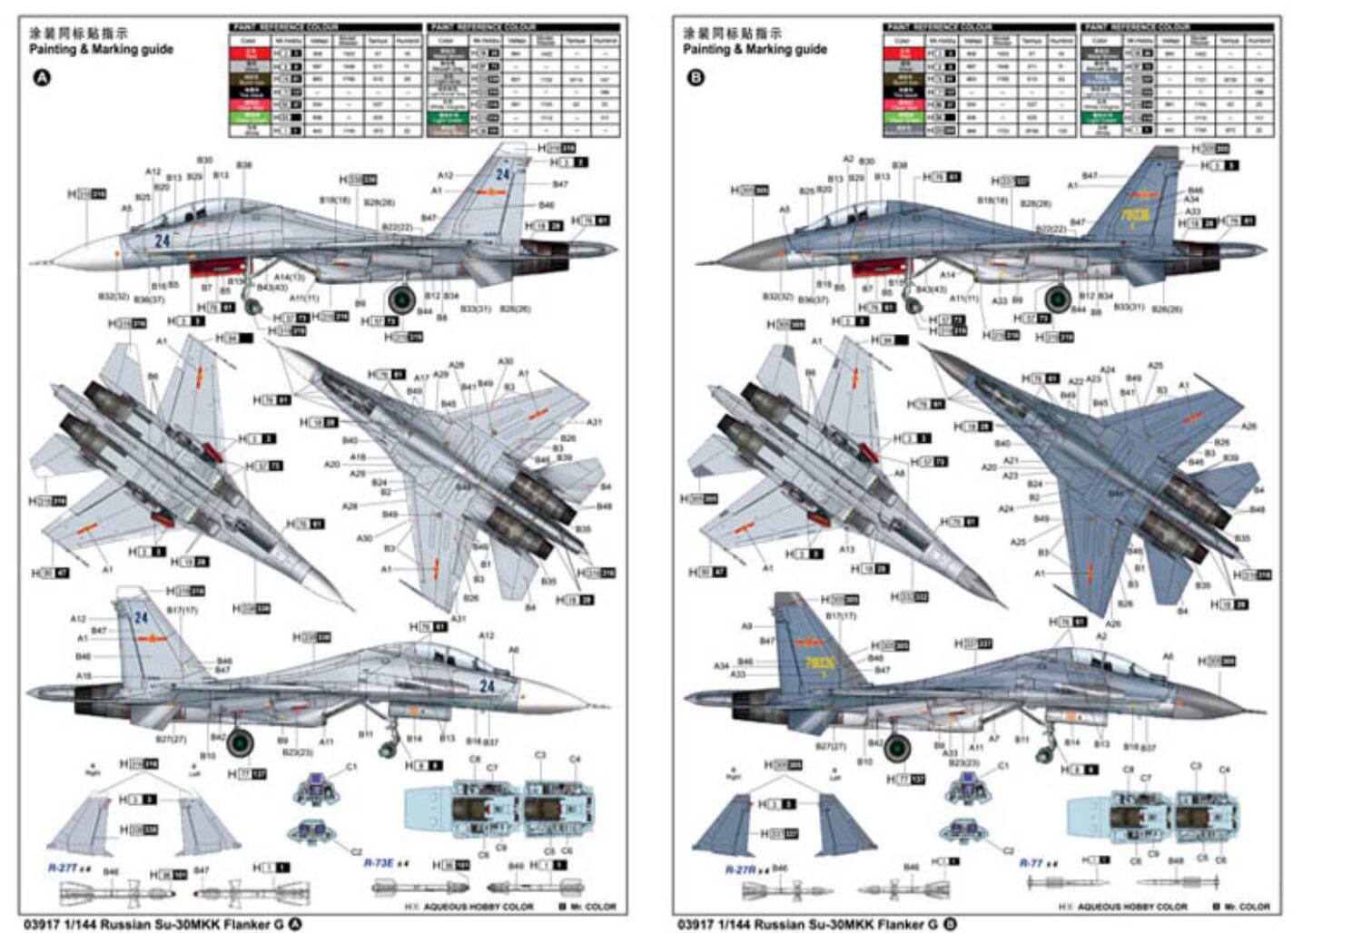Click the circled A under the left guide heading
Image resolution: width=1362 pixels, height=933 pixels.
42,78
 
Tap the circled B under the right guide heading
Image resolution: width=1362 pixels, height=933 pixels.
696,78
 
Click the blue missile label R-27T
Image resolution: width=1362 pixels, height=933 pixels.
64,869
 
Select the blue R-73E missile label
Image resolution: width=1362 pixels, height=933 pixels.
380,862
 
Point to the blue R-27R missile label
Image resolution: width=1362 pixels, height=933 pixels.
740,869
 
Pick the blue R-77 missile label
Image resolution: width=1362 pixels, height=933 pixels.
1031,863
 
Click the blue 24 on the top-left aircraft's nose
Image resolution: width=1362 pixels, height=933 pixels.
163,241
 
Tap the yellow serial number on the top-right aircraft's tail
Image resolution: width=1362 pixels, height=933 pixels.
1135,216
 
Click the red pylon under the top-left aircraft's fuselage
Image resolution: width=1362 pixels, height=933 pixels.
218,265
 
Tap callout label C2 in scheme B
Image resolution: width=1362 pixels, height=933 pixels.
1008,851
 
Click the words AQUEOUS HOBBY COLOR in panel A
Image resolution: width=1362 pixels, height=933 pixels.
484,907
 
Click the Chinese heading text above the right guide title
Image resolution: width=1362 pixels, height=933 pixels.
732,34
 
